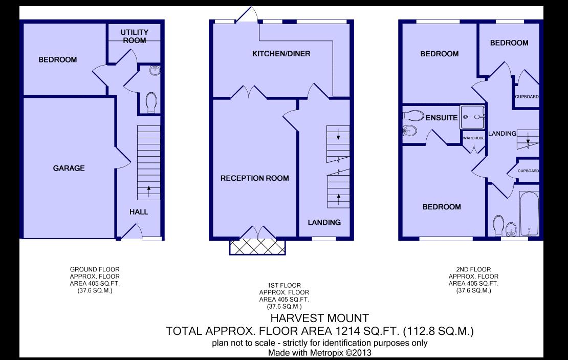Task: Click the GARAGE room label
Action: pyautogui.click(x=70, y=168)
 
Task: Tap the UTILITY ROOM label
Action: pyautogui.click(x=134, y=36)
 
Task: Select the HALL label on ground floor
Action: pyautogui.click(x=138, y=211)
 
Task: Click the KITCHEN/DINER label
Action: pyautogui.click(x=281, y=54)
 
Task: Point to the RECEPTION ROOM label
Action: pyautogui.click(x=254, y=178)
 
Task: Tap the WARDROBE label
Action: pyautogui.click(x=473, y=138)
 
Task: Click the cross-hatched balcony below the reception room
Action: pyautogui.click(x=257, y=247)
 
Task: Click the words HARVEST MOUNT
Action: pyautogui.click(x=319, y=319)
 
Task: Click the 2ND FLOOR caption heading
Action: pyautogui.click(x=473, y=269)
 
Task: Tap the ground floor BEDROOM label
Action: pyautogui.click(x=58, y=59)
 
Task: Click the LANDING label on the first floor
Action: pyautogui.click(x=324, y=222)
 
